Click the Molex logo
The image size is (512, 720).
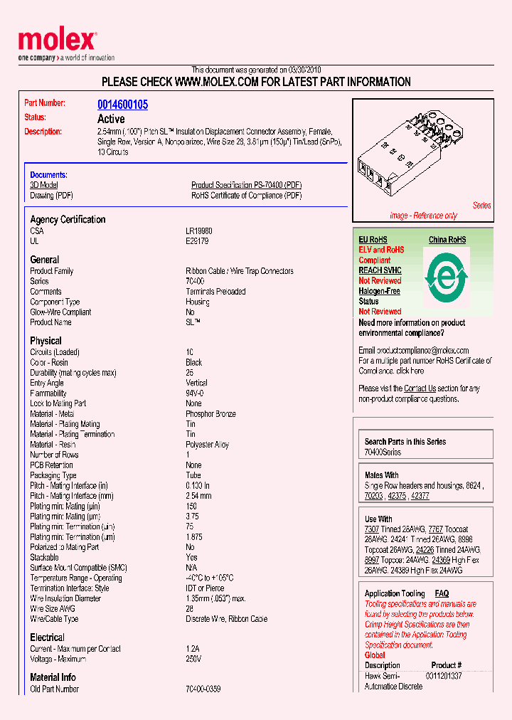point(57,41)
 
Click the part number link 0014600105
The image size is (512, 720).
point(122,104)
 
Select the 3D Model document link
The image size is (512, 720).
point(43,185)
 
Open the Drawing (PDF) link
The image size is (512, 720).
point(51,196)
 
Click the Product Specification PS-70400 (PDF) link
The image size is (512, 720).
point(246,185)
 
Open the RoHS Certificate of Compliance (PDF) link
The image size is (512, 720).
point(246,196)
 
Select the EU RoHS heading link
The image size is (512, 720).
point(373,240)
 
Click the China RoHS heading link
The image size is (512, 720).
point(447,240)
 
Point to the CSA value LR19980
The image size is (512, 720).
point(199,231)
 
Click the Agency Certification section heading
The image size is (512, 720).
point(68,220)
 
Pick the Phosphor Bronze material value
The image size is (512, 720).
point(210,414)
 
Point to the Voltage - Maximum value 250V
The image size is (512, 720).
point(193,660)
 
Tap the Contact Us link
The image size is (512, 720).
point(420,388)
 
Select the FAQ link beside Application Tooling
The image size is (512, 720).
point(442,593)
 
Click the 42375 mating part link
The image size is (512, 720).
point(398,496)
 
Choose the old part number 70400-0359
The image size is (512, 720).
point(203,689)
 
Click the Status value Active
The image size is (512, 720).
point(111,119)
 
